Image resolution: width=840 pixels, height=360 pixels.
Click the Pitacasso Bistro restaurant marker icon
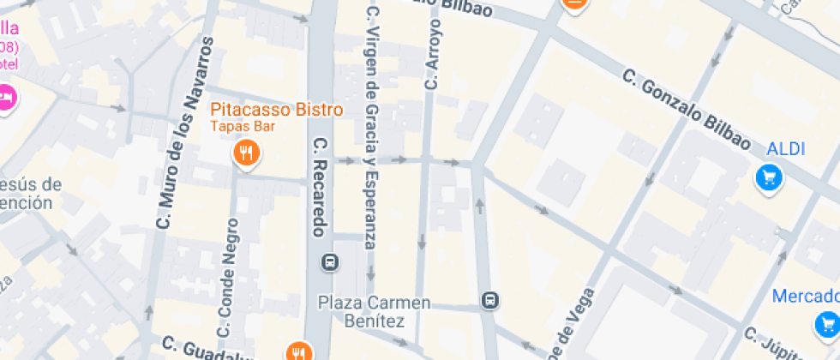(247, 153)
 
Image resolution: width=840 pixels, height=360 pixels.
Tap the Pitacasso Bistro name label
(277, 110)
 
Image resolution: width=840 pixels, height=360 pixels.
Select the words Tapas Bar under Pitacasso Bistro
(243, 126)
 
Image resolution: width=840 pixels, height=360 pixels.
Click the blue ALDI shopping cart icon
(769, 177)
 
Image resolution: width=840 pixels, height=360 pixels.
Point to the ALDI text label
(785, 148)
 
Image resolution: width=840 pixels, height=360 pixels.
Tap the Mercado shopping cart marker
(827, 324)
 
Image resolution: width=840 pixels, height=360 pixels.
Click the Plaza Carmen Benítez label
(374, 311)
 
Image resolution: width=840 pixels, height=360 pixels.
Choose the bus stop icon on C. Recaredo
(328, 261)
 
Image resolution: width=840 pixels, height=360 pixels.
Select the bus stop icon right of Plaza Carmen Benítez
(490, 300)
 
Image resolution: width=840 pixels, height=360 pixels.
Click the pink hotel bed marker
(7, 97)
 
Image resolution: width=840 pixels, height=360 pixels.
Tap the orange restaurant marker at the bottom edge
(298, 351)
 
